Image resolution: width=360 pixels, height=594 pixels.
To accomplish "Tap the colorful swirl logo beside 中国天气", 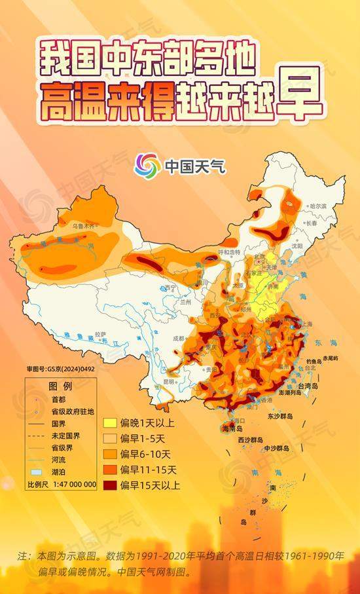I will (x=147, y=166).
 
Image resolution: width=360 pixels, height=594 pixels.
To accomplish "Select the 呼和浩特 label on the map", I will (x=229, y=252).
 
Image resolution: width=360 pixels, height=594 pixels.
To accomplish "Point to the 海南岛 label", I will (x=232, y=428).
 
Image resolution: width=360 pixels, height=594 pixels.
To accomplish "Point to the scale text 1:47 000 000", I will (x=71, y=485).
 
